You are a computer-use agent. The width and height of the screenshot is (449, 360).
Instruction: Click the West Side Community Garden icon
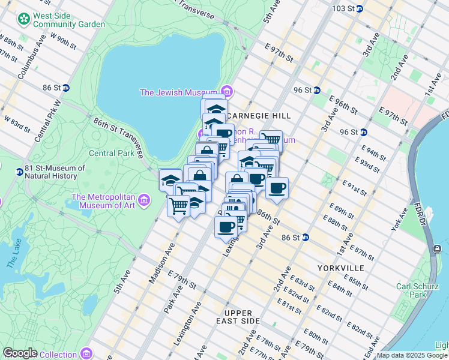pos(24,19)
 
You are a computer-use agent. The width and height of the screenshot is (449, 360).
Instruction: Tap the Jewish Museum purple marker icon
pos(227,92)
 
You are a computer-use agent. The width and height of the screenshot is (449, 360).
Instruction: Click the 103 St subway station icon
pos(359,8)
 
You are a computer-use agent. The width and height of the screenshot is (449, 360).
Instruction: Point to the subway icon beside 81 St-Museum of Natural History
pos(19,172)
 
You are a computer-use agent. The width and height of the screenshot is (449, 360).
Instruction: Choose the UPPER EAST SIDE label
pos(243,317)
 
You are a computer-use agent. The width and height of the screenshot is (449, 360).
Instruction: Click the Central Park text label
pos(112,153)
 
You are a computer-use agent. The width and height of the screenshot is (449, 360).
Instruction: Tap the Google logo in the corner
pos(20,352)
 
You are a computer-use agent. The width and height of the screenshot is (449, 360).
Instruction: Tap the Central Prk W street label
pos(48,120)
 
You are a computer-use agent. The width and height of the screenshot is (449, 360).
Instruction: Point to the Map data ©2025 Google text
pos(412,355)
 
